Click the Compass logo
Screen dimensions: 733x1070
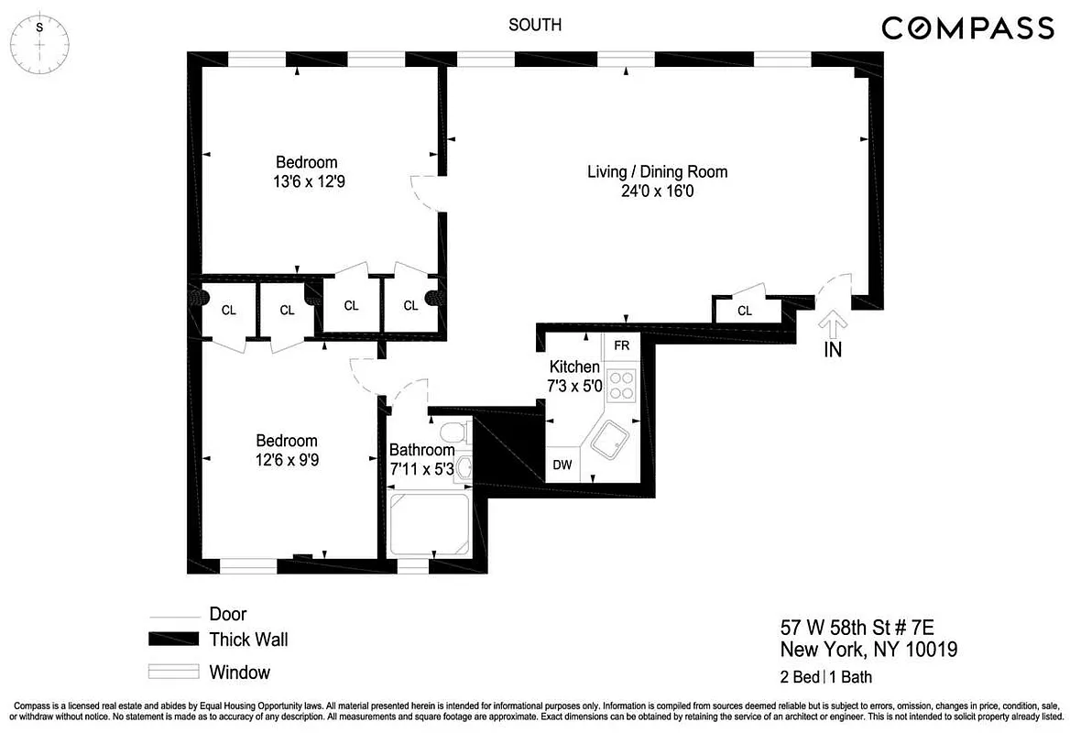pos(967,28)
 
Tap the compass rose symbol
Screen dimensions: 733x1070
pos(38,41)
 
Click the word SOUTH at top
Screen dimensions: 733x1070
pos(535,25)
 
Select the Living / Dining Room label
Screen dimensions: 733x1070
pos(657,171)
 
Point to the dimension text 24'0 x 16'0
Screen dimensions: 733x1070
pos(657,191)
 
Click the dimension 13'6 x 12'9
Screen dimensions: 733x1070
pos(307,181)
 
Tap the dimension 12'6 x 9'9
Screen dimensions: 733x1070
pos(287,460)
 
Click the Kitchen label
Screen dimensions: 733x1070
pos(573,366)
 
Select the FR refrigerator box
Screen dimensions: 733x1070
pos(621,345)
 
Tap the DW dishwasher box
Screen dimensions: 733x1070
pos(562,465)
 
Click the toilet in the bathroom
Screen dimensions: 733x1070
pos(454,432)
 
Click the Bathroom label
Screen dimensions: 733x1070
pos(421,450)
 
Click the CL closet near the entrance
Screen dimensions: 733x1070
pos(745,311)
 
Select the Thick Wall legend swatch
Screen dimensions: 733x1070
pos(174,640)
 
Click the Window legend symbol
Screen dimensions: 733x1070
pos(174,672)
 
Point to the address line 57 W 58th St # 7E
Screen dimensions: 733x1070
pos(868,629)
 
